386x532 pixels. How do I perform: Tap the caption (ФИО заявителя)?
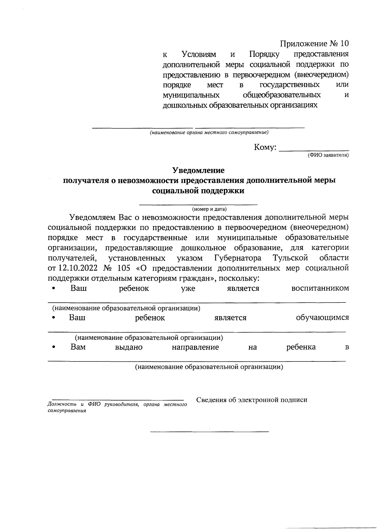coord(327,155)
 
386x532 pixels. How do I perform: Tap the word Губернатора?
coord(238,258)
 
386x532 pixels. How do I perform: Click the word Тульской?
coord(290,258)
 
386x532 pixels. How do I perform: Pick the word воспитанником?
coord(320,288)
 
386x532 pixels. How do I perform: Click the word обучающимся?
coord(322,318)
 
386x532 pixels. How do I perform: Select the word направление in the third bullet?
coord(195,347)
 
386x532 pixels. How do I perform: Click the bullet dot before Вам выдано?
coord(54,348)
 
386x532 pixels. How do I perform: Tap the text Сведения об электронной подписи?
coord(252,400)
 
